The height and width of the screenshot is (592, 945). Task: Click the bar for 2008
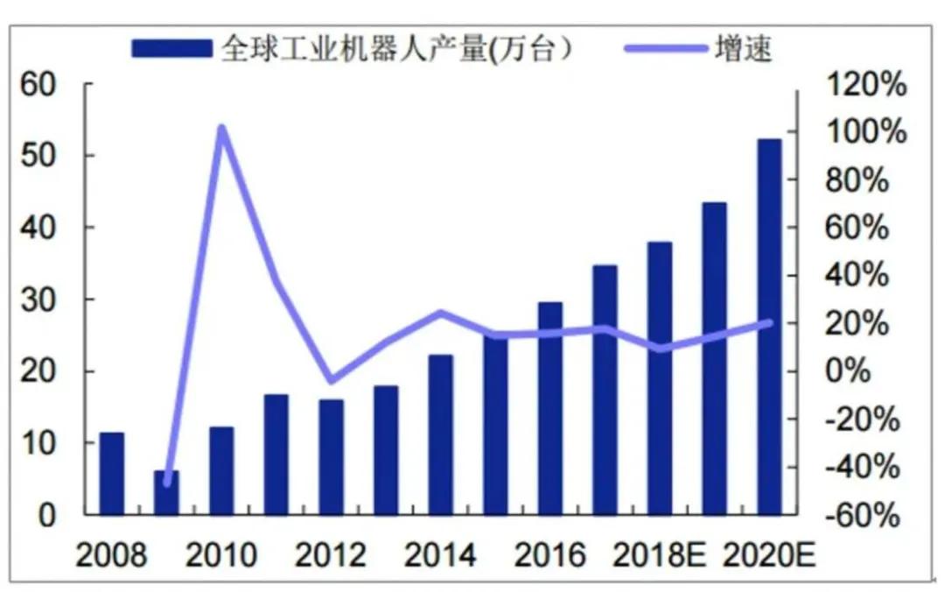pyautogui.click(x=111, y=473)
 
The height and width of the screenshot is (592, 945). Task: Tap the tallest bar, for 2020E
pyautogui.click(x=769, y=326)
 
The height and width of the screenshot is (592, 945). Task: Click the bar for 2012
pyautogui.click(x=331, y=456)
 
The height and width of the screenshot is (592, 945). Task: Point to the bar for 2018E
pyautogui.click(x=660, y=377)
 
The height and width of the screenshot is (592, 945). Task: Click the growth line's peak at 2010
pyautogui.click(x=221, y=130)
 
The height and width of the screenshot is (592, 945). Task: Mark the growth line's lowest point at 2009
pyautogui.click(x=167, y=481)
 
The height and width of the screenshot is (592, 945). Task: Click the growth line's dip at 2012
pyautogui.click(x=331, y=380)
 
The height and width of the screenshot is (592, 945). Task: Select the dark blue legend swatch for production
pyautogui.click(x=171, y=48)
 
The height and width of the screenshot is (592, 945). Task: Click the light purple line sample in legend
pyautogui.click(x=666, y=48)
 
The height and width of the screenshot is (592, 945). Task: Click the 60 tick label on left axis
pyautogui.click(x=39, y=85)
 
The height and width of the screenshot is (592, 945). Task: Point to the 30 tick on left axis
pyautogui.click(x=39, y=300)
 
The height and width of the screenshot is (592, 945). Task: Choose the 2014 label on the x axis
pyautogui.click(x=440, y=556)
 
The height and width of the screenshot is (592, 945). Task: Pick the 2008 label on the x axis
pyautogui.click(x=111, y=556)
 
